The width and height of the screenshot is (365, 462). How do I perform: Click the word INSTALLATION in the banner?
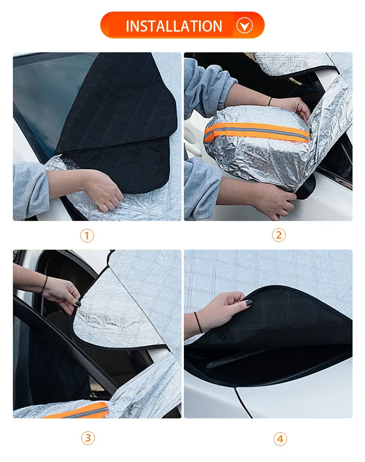[x=174, y=26]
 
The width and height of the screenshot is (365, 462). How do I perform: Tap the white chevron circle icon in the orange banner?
[x=244, y=25]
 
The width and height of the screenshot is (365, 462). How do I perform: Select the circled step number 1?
[x=87, y=236]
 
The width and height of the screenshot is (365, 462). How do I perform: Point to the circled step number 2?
[x=278, y=235]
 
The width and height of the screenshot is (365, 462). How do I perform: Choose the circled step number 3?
[x=87, y=438]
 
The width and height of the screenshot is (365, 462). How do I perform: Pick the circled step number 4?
[x=279, y=439]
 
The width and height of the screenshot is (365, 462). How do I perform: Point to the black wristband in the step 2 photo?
[x=270, y=102]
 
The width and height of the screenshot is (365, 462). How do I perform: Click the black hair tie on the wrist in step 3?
[x=45, y=284]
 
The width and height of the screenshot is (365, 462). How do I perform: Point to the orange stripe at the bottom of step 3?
[x=78, y=411]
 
